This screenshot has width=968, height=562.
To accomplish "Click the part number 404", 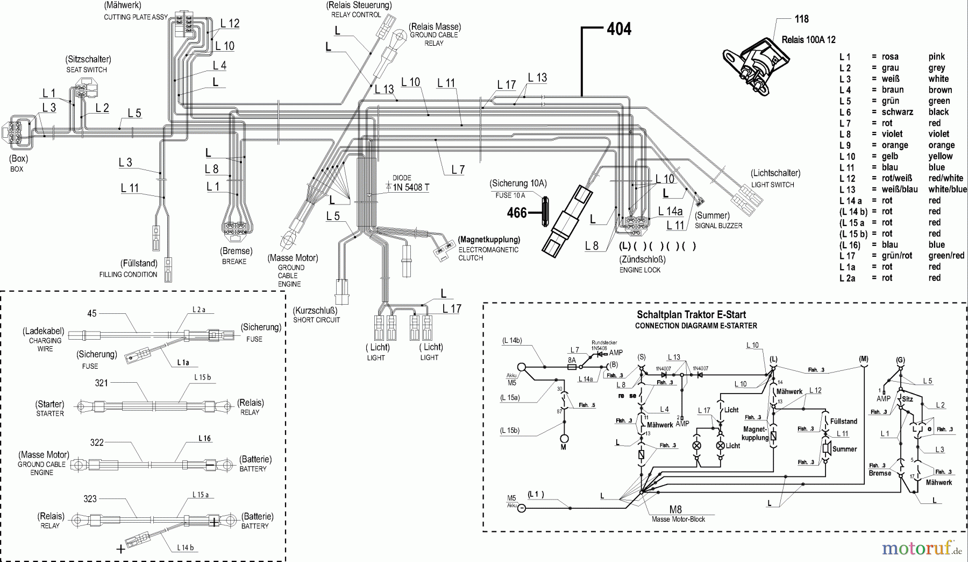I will [618, 29].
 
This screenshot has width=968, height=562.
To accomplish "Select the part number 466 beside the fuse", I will [517, 213].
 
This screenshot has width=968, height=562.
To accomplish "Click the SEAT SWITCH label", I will [87, 69].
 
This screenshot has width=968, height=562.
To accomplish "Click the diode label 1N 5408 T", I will [411, 187].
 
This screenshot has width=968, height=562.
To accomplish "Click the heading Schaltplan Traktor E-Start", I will [691, 315].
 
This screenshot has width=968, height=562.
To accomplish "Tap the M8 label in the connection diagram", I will [675, 509].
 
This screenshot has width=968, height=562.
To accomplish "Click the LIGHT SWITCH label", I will [772, 185].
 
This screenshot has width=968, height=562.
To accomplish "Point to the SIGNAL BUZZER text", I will [718, 226].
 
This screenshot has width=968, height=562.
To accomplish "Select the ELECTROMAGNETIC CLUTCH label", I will [488, 254].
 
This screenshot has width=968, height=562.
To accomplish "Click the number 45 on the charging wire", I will [92, 313].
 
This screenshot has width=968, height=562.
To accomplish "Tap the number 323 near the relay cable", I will [90, 498].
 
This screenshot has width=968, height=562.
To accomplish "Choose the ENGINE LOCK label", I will [639, 270].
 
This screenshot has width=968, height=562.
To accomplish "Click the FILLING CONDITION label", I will [128, 275].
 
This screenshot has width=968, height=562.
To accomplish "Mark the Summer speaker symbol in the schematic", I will [826, 449].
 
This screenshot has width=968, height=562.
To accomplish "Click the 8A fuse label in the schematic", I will [572, 360].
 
